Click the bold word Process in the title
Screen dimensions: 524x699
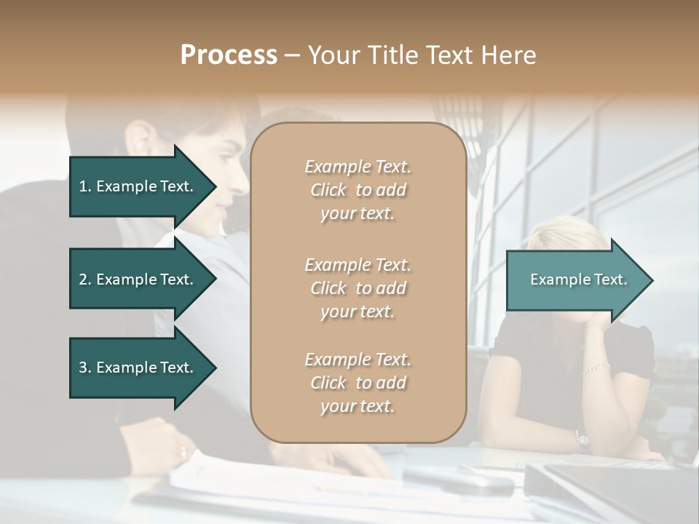(x=229, y=55)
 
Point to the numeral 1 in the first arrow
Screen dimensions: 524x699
(x=83, y=186)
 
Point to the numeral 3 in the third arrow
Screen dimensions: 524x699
(x=83, y=368)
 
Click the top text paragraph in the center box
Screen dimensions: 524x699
(x=358, y=190)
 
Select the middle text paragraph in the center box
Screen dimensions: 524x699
(x=358, y=288)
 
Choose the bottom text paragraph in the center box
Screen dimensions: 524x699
(x=358, y=383)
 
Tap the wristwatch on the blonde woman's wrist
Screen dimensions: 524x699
(x=582, y=439)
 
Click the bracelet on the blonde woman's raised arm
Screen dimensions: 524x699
(x=596, y=368)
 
